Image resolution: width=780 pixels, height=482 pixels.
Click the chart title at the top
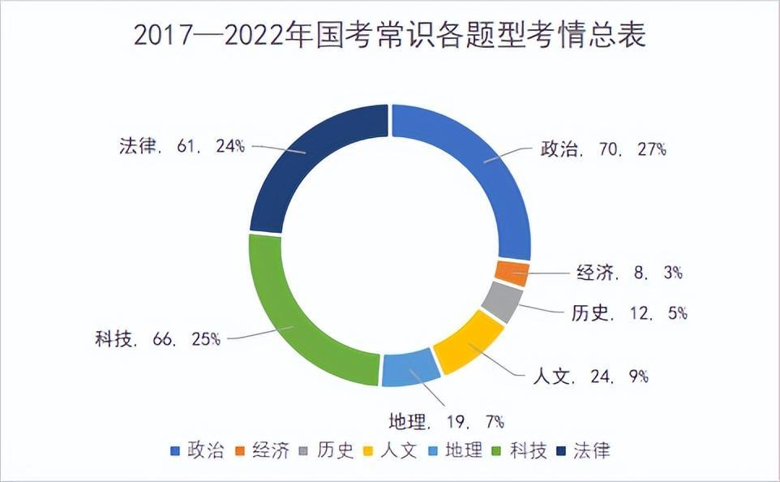point(389,37)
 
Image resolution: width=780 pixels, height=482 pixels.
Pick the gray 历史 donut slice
point(502,303)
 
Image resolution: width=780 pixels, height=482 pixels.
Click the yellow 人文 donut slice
point(468,344)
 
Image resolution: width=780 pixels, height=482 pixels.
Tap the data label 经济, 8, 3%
point(629,273)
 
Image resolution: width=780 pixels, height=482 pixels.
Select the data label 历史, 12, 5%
point(625,312)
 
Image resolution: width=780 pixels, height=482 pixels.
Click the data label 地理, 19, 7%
point(447,421)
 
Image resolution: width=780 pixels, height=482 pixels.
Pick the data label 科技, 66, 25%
point(157,338)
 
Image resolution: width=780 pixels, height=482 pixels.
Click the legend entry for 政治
point(197,450)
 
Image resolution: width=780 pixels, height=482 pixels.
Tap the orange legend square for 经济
point(240,451)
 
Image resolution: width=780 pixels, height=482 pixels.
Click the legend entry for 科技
point(519,450)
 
